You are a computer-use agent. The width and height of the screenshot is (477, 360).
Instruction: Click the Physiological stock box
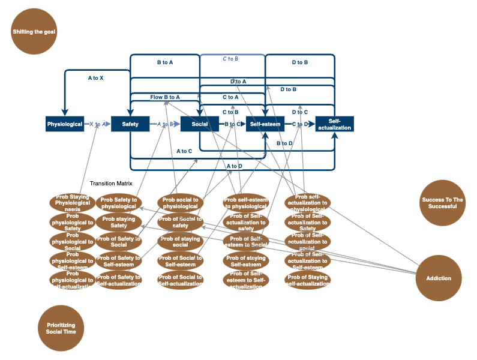coord(65,124)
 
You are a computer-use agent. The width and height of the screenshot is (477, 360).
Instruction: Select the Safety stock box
coord(130,124)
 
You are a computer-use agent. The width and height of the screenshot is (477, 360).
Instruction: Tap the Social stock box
coord(199,124)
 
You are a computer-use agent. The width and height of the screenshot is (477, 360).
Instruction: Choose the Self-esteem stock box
coord(265,124)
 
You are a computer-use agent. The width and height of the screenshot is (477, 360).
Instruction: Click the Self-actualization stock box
coord(335,124)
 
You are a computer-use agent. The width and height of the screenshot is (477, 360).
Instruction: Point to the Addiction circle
coord(443,278)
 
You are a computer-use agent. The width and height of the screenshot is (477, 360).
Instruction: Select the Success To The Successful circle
coord(443,203)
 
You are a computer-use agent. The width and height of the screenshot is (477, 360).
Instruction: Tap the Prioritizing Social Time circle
coord(61,328)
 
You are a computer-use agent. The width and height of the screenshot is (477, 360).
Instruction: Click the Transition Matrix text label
coord(111,184)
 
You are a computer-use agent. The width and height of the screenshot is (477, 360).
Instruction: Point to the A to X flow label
coord(95,78)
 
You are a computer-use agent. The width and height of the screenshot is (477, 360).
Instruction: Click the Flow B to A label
coord(165,97)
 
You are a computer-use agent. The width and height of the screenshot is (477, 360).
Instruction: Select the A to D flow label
coord(235,166)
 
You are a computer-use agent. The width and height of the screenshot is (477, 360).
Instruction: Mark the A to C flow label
coord(184,151)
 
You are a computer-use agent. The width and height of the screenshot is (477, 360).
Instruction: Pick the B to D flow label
coord(284,143)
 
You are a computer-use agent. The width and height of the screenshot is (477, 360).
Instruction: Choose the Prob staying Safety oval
coord(119,222)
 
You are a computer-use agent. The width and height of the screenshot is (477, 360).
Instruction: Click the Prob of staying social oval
coord(180,241)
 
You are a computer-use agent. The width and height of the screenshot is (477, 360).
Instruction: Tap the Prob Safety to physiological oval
coord(119,203)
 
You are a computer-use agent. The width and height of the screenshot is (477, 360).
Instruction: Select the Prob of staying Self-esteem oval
coord(246,261)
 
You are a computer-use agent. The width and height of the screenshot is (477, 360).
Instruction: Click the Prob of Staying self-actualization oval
coord(308,280)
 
